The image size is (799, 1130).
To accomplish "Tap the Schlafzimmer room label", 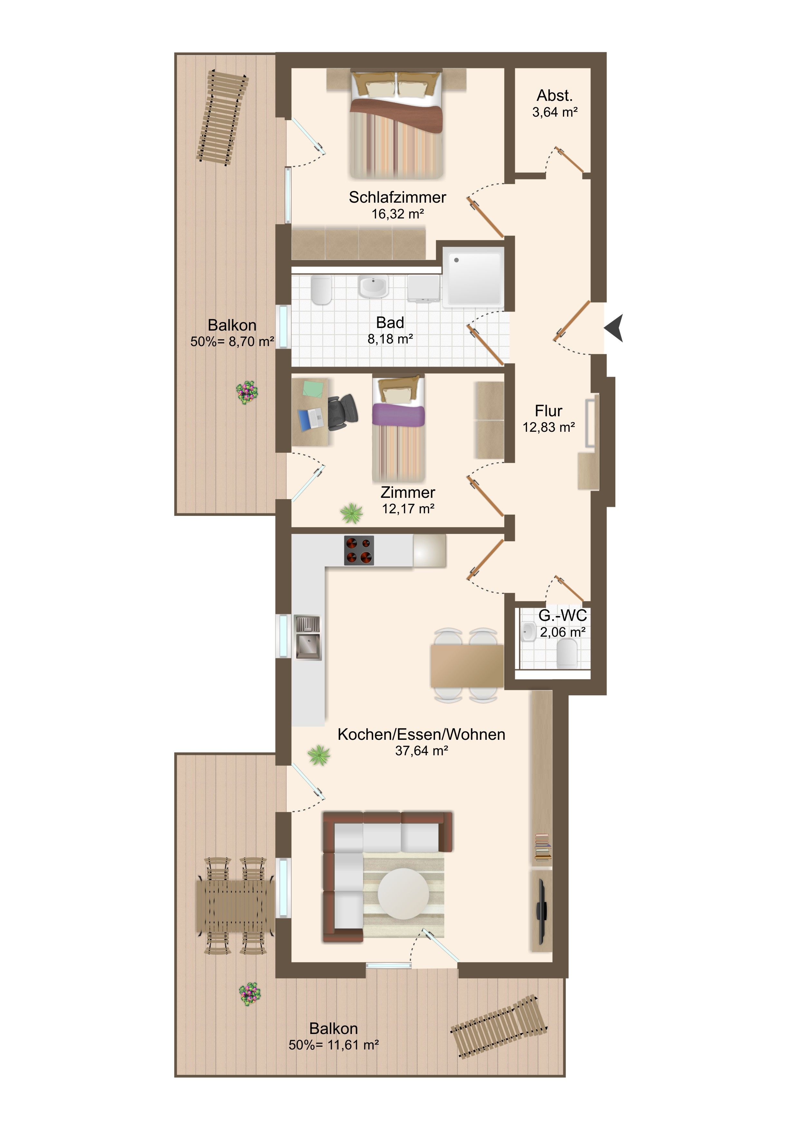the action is [398, 198].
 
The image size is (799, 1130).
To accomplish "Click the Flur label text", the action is [549, 411].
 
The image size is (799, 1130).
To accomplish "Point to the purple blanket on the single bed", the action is [398, 415].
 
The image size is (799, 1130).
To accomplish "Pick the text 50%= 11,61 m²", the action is [333, 1045].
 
